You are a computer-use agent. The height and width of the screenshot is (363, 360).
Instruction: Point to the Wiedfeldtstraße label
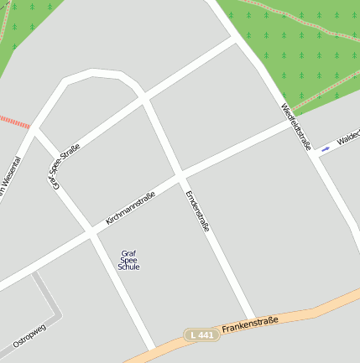[x=295, y=127]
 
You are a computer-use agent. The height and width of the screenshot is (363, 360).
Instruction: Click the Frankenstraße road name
[x=249, y=324]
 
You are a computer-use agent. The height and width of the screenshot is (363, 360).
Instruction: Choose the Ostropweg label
[x=29, y=333]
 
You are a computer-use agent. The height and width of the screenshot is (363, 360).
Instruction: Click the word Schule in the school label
[x=128, y=267]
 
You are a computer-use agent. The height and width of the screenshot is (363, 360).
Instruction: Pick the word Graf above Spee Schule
[x=128, y=253]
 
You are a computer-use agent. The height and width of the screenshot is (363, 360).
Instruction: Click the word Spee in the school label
[x=128, y=261]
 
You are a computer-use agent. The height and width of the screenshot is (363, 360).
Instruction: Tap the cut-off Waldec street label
[x=347, y=137]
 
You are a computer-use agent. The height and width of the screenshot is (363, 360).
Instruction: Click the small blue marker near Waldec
[x=325, y=149]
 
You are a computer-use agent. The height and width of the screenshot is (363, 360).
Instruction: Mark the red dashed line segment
[x=14, y=122]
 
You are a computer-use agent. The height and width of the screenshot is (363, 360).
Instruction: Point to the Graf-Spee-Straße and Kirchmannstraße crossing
[x=90, y=231]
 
